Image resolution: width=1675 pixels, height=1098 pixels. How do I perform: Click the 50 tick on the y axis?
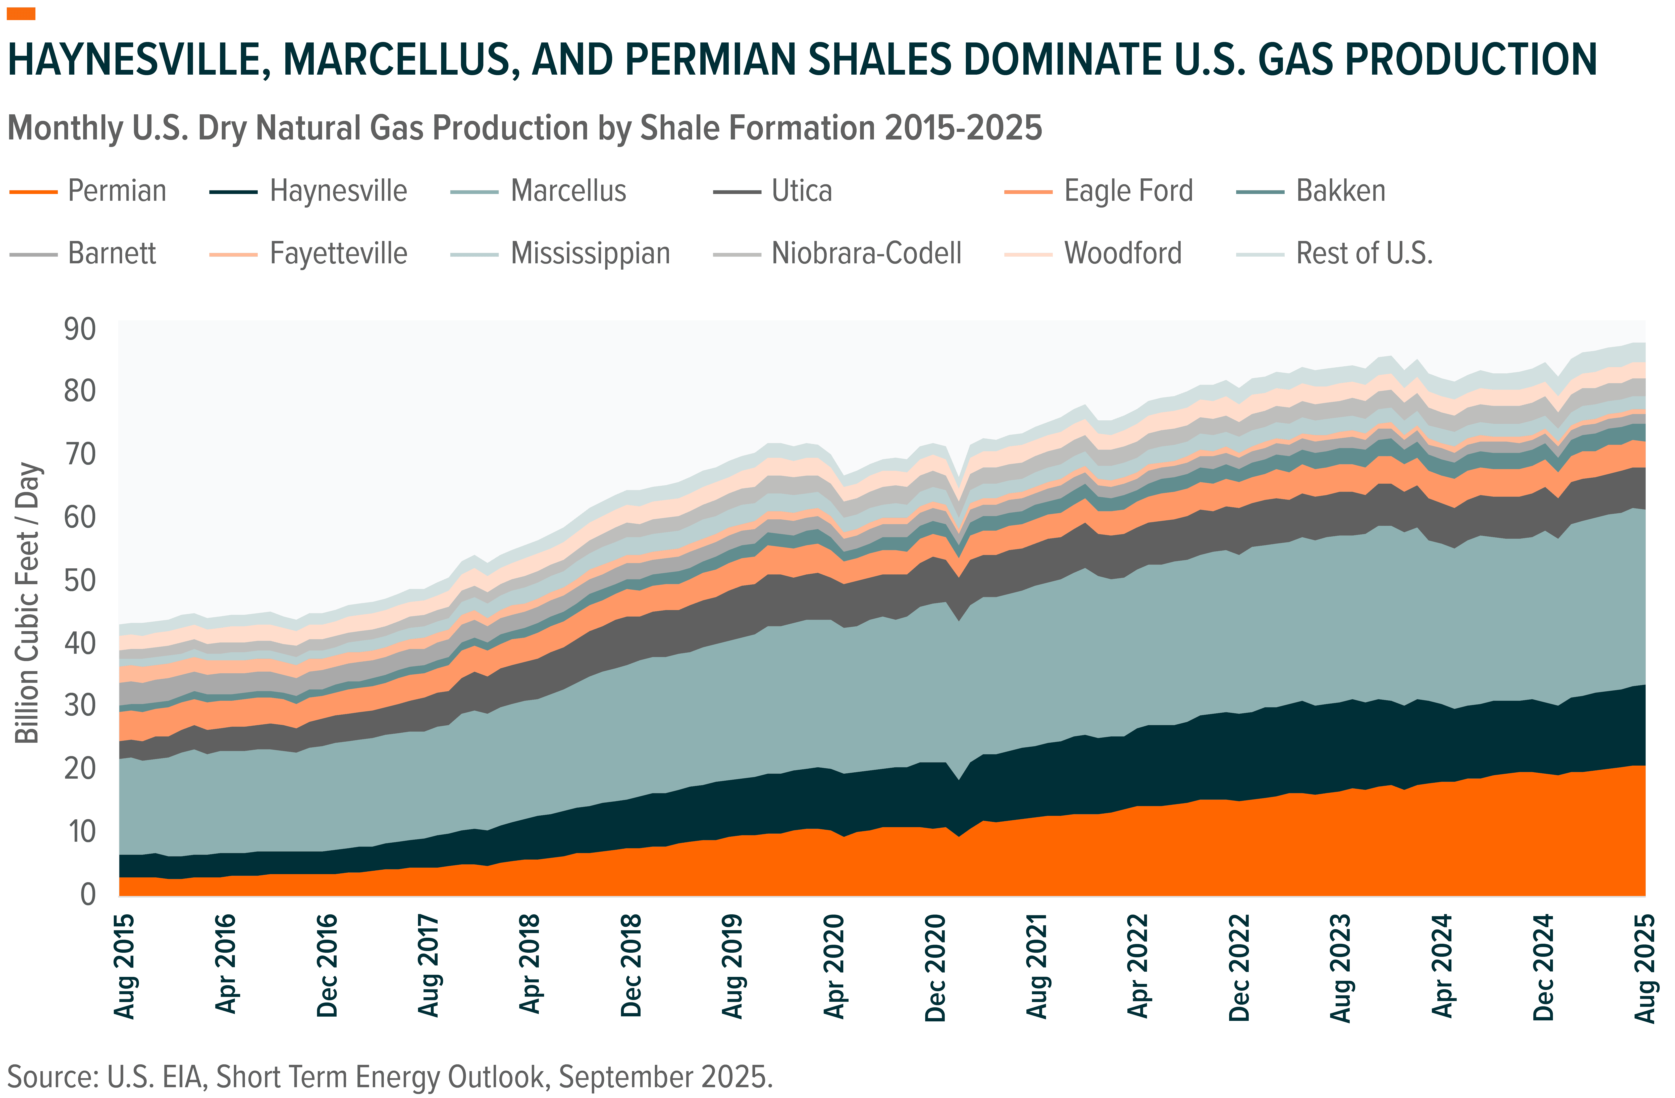coord(80,581)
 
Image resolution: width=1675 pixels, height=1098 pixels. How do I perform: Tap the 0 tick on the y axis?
coord(88,894)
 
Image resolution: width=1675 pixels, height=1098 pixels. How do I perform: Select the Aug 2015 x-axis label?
coord(125,966)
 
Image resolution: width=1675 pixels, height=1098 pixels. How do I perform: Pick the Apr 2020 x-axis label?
coord(834,966)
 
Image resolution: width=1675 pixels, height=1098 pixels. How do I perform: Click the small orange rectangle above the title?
coord(21,14)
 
